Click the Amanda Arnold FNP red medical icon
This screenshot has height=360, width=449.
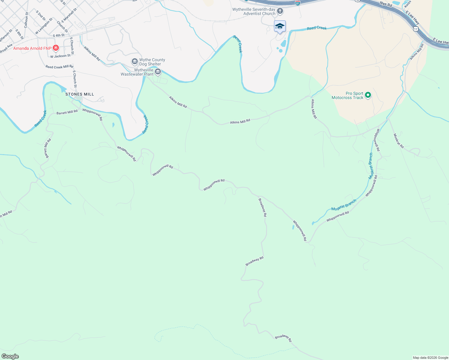pyautogui.click(x=56, y=48)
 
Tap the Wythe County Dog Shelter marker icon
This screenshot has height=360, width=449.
pyautogui.click(x=134, y=62)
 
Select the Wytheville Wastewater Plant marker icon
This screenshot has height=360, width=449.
pyautogui.click(x=158, y=72)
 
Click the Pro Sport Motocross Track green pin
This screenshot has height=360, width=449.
pyautogui.click(x=368, y=95)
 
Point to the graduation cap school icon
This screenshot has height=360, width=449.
pyautogui.click(x=280, y=26)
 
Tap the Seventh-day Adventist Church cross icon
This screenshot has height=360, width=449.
pyautogui.click(x=280, y=11)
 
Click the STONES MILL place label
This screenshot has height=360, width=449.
pyautogui.click(x=80, y=94)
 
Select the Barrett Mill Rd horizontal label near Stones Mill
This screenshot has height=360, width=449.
pyautogui.click(x=67, y=112)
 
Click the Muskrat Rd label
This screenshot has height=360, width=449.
pyautogui.click(x=399, y=141)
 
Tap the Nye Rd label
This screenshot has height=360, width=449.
pyautogui.click(x=386, y=4)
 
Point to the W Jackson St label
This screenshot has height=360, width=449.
pyautogui.click(x=60, y=56)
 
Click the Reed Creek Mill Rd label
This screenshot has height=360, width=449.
pyautogui.click(x=59, y=67)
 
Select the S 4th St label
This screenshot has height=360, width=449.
pyautogui.click(x=59, y=35)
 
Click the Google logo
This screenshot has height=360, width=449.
pyautogui.click(x=10, y=356)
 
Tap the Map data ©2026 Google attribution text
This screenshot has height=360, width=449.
pyautogui.click(x=430, y=358)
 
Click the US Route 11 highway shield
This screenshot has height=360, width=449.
pyautogui.click(x=415, y=29)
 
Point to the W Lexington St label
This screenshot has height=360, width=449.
pyautogui.click(x=44, y=26)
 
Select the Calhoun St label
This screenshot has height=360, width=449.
pyautogui.click(x=26, y=20)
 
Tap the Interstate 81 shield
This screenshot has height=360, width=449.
pyautogui.click(x=297, y=3)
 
